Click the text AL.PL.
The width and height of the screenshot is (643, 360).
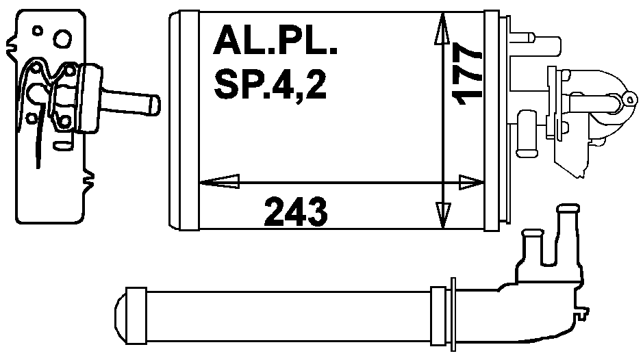coord(275,40)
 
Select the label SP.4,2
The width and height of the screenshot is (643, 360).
coord(270,84)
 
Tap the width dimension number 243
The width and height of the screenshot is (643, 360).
coord(296,212)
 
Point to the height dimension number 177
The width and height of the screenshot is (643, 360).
coord(466,77)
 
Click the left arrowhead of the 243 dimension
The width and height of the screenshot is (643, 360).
coord(219,181)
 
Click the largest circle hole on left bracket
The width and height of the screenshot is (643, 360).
coord(63,39)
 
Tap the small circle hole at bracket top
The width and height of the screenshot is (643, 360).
coord(38,31)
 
